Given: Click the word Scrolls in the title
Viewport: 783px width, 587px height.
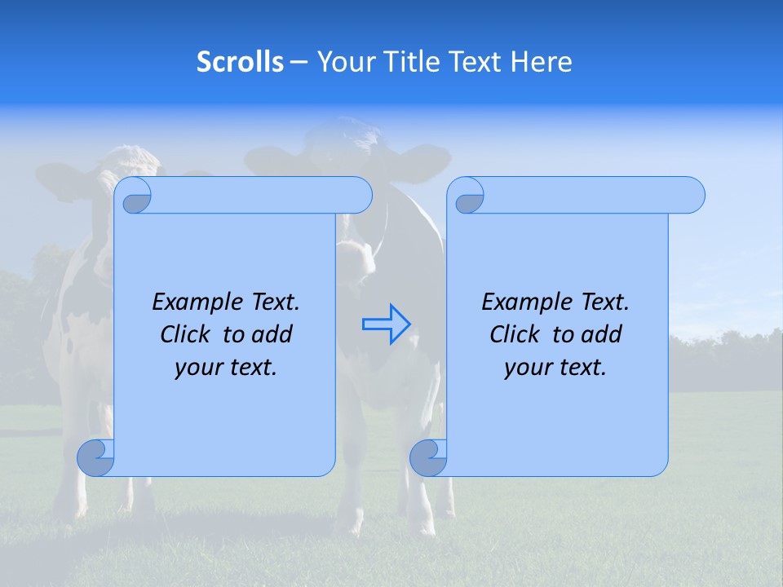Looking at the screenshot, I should click(240, 62).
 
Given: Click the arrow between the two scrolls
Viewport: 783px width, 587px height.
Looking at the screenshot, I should click(386, 324).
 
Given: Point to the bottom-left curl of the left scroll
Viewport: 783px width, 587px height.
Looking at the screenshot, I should click(95, 457).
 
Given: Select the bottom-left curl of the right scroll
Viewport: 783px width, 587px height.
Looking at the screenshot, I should click(428, 457).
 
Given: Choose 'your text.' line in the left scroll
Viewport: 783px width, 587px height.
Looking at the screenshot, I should click(225, 367).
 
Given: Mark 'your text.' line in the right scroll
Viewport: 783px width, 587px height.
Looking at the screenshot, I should click(555, 367).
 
